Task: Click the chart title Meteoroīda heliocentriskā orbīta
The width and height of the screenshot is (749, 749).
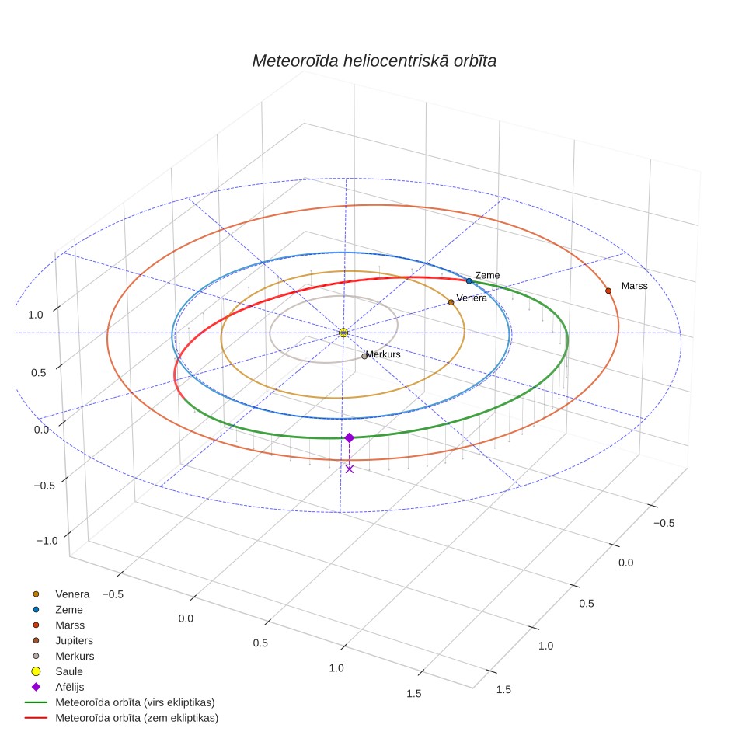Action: pyautogui.click(x=374, y=61)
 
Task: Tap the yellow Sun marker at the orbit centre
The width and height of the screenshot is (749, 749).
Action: pyautogui.click(x=343, y=333)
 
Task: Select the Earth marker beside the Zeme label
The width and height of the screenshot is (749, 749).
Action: pyautogui.click(x=469, y=281)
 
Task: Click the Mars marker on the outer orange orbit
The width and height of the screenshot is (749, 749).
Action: pyautogui.click(x=608, y=291)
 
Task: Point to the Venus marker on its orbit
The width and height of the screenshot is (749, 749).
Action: pyautogui.click(x=451, y=302)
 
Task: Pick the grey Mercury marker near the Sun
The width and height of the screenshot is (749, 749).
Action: pyautogui.click(x=364, y=357)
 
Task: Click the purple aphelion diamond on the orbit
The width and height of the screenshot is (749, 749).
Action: pyautogui.click(x=349, y=438)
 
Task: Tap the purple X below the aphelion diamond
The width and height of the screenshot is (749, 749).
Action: pyautogui.click(x=349, y=469)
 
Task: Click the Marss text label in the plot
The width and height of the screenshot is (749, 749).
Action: pyautogui.click(x=634, y=286)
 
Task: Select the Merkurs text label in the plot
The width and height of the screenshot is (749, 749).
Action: pyautogui.click(x=383, y=354)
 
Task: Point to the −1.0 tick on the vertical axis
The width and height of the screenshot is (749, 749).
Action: pyautogui.click(x=47, y=541)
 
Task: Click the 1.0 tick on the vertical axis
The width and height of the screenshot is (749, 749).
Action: pyautogui.click(x=35, y=315)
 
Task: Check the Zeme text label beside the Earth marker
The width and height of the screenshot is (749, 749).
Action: pyautogui.click(x=487, y=276)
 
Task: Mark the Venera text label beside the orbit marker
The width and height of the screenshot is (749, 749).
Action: pyautogui.click(x=472, y=298)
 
